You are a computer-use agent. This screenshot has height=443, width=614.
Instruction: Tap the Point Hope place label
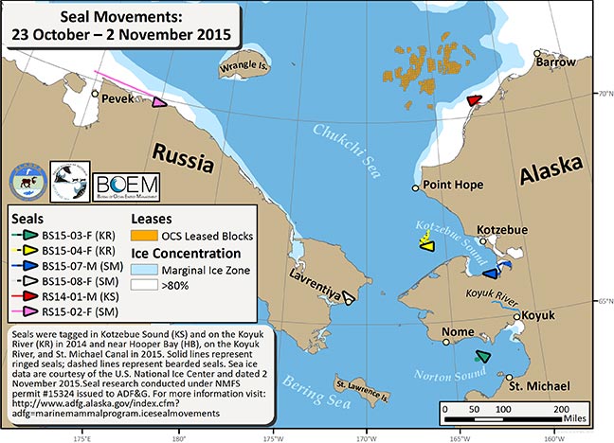(x=453, y=186)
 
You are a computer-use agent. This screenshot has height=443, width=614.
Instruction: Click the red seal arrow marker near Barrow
(x=475, y=100)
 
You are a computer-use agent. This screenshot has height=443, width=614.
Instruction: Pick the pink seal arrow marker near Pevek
(x=161, y=100)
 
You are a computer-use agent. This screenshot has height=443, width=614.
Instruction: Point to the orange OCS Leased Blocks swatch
(x=147, y=232)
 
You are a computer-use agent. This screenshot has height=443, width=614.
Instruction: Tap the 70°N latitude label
(x=603, y=94)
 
